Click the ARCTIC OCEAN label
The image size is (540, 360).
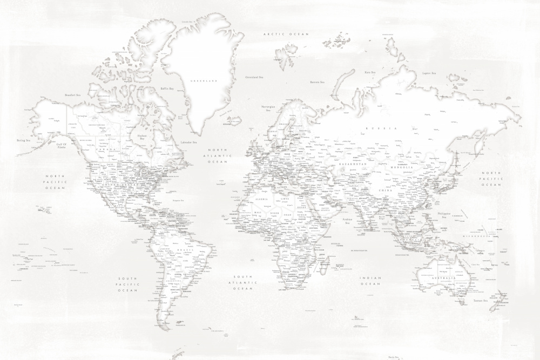click(x=286, y=34)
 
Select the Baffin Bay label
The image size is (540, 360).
click(x=167, y=89)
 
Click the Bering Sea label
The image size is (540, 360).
click(x=23, y=140)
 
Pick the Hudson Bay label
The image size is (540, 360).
click(x=143, y=137)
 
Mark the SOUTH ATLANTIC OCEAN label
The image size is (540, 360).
click(x=243, y=282)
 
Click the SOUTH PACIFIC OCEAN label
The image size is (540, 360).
click(x=128, y=284)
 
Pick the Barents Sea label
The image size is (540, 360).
click(x=317, y=82)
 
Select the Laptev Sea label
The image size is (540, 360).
click(x=429, y=73)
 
